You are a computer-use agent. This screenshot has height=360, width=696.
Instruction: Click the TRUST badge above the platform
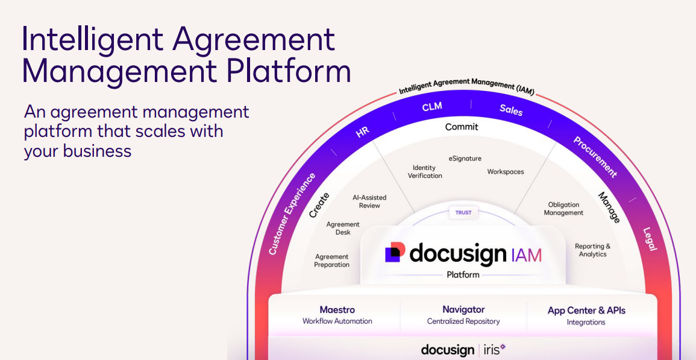pyautogui.click(x=463, y=212)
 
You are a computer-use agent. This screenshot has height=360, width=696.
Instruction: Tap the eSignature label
pyautogui.click(x=465, y=159)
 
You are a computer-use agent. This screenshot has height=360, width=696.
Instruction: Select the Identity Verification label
pyautogui.click(x=425, y=171)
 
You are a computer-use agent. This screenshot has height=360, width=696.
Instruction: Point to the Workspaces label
pyautogui.click(x=506, y=171)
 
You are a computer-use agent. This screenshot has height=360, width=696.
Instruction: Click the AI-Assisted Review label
pyautogui.click(x=369, y=201)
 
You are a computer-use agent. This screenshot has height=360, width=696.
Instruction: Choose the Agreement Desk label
pyautogui.click(x=343, y=228)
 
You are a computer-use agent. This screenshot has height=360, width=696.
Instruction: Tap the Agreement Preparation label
pyautogui.click(x=331, y=261)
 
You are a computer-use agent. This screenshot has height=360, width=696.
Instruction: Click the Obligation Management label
pyautogui.click(x=563, y=209)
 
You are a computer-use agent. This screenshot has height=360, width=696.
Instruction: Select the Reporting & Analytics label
pyautogui.click(x=592, y=250)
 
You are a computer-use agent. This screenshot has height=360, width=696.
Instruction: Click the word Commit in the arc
pyautogui.click(x=462, y=127)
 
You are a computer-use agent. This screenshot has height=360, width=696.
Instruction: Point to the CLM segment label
pyautogui.click(x=432, y=107)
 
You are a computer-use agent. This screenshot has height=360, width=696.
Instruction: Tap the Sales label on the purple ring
pyautogui.click(x=511, y=110)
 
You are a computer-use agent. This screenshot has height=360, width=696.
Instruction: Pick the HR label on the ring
pyautogui.click(x=363, y=132)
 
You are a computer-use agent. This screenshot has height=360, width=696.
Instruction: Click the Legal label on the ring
pyautogui.click(x=650, y=239)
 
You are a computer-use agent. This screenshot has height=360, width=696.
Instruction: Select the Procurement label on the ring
pyautogui.click(x=595, y=157)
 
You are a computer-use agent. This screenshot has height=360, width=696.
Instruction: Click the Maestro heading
pyautogui.click(x=337, y=310)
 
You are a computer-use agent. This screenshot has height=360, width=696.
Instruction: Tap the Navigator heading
pyautogui.click(x=463, y=309)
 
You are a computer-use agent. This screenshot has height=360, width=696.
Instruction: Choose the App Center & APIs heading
pyautogui.click(x=586, y=310)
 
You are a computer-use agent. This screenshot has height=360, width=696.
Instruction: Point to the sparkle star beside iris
pyautogui.click(x=503, y=346)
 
